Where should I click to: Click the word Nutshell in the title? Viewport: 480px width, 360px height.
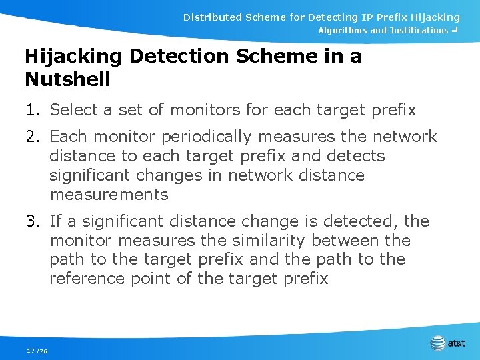tap(67, 79)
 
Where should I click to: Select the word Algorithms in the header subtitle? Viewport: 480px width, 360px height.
tap(342, 31)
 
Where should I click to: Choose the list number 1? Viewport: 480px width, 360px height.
tap(31, 109)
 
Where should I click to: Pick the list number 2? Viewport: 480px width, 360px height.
tap(31, 137)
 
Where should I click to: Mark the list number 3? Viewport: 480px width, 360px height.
tap(31, 221)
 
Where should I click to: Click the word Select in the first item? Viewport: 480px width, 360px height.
tap(72, 109)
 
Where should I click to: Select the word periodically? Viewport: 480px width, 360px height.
tap(208, 137)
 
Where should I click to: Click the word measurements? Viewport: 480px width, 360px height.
tap(109, 195)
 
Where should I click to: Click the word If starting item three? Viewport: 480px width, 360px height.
tap(55, 221)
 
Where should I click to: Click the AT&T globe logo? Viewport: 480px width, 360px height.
tap(437, 343)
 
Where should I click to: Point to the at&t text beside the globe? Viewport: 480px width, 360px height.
tap(457, 344)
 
